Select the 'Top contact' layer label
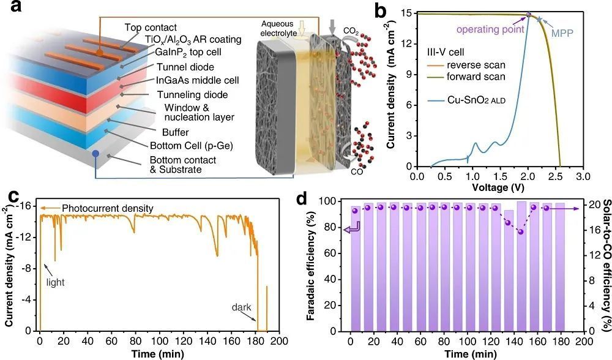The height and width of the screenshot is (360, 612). (x=151, y=28)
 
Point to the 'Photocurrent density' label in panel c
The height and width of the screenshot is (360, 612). (x=109, y=209)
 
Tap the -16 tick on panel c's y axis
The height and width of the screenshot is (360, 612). (x=27, y=205)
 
